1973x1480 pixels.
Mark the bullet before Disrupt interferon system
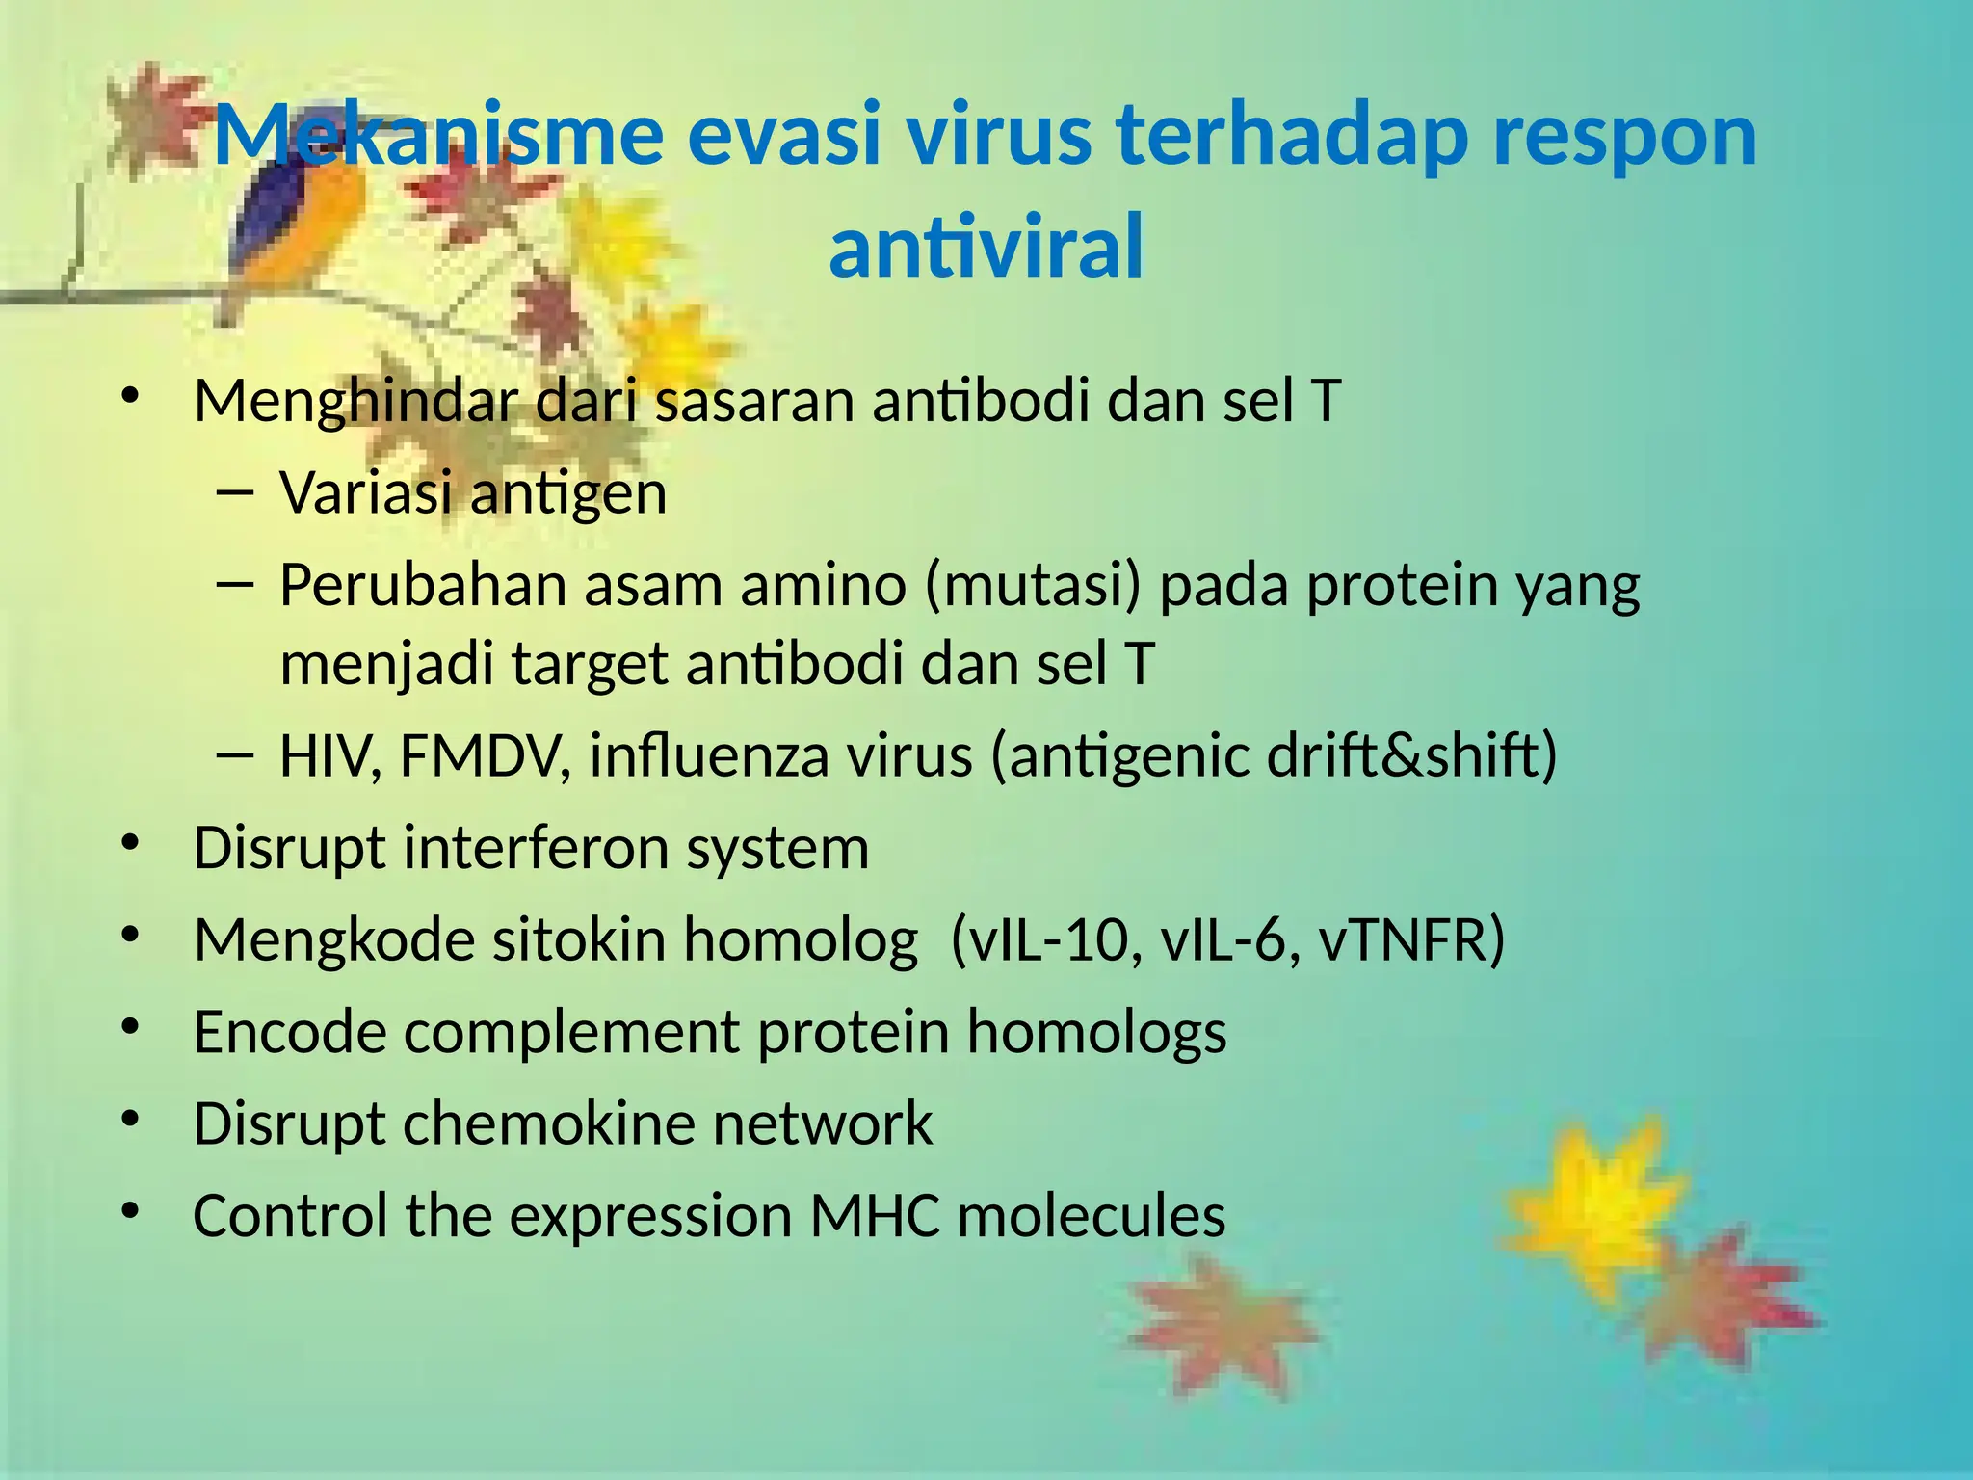(x=131, y=845)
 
